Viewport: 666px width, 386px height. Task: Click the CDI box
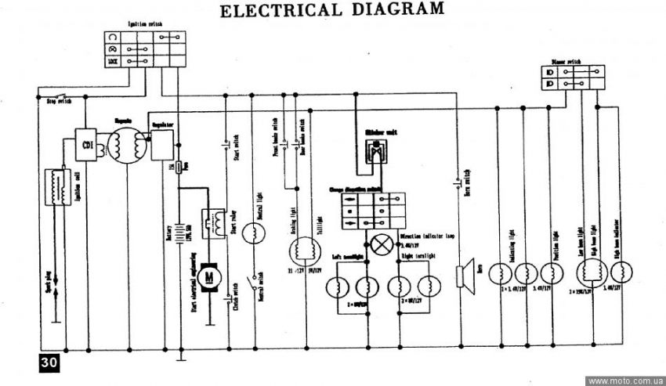pos(86,143)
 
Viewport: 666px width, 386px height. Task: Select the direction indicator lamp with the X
pos(382,244)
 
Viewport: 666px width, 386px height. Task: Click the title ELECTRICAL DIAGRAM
pos(332,11)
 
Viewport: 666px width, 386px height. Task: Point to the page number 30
pos(45,363)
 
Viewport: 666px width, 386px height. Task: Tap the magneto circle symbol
pos(125,146)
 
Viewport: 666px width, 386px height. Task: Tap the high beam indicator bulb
pos(621,272)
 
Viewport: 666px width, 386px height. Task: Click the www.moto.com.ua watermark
pos(624,381)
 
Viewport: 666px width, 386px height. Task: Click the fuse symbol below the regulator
pos(179,167)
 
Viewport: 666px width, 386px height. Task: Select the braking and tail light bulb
pos(304,251)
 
